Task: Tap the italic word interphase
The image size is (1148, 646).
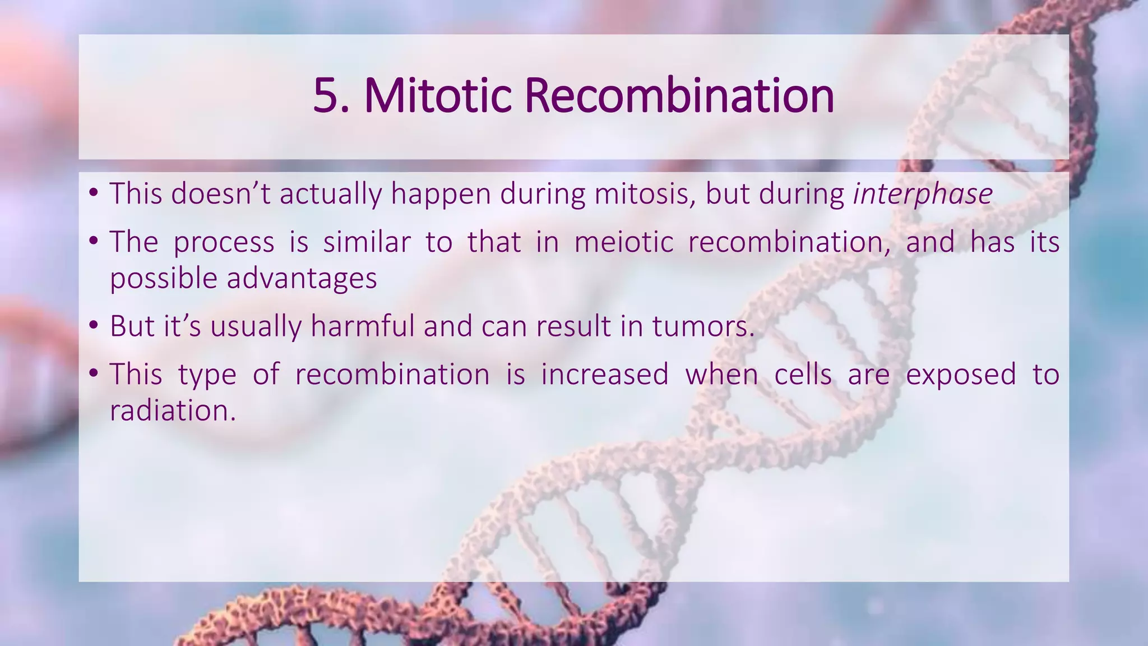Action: pyautogui.click(x=923, y=194)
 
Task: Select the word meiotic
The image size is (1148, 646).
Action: pyautogui.click(x=624, y=242)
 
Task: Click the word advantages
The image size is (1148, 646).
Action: pyautogui.click(x=302, y=279)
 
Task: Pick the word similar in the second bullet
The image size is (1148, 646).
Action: pyautogui.click(x=367, y=242)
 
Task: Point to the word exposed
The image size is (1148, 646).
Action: pyautogui.click(x=961, y=375)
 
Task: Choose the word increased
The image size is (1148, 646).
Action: pyautogui.click(x=605, y=375)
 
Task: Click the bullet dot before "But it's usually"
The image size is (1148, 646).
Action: pyautogui.click(x=94, y=326)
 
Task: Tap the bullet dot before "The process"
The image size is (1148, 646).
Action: pyautogui.click(x=94, y=242)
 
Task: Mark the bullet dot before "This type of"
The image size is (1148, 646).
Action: pyautogui.click(x=94, y=373)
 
